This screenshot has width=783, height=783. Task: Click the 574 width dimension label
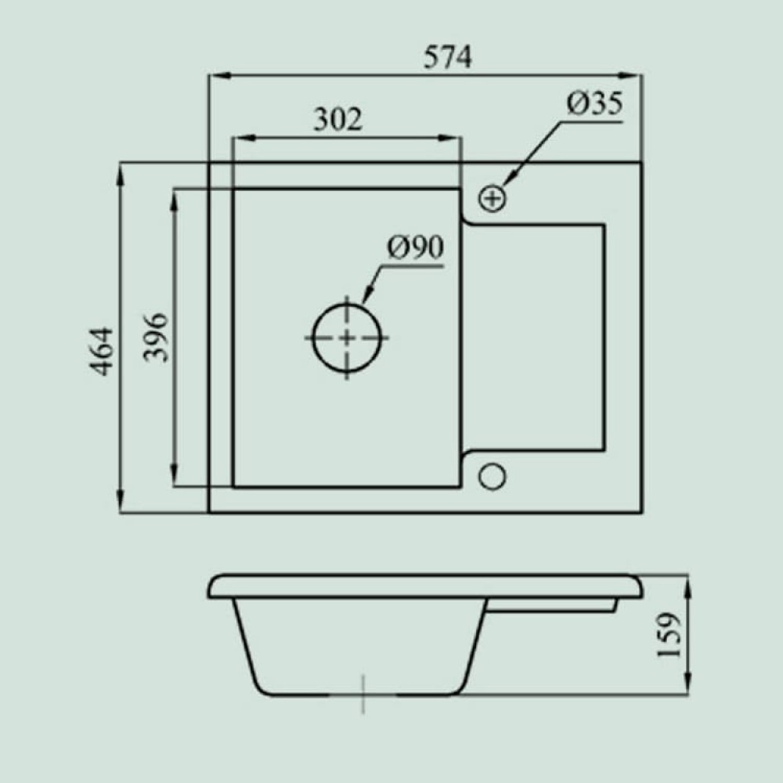pos(447,57)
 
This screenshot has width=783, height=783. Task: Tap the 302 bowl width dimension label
pos(337,119)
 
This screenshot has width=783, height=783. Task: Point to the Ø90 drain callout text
pos(416,247)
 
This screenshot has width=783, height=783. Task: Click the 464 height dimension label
pos(101,351)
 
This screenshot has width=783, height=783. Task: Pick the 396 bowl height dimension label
pos(155,337)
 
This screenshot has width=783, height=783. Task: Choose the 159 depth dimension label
pos(669,635)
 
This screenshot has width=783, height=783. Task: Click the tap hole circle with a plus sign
pos(493,198)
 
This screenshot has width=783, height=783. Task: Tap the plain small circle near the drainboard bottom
pos(493,476)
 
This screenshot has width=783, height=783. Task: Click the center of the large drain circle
pos(347,338)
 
